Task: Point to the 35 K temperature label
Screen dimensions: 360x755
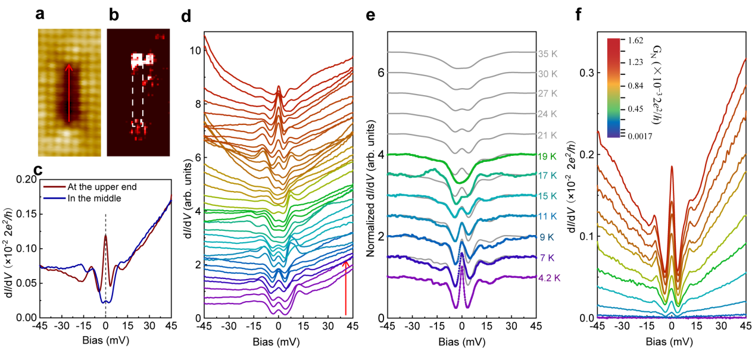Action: (x=547, y=52)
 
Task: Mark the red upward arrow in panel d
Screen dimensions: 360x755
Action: (x=345, y=286)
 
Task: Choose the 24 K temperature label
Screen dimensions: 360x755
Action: (x=547, y=113)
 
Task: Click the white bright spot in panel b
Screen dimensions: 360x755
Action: (x=142, y=59)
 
